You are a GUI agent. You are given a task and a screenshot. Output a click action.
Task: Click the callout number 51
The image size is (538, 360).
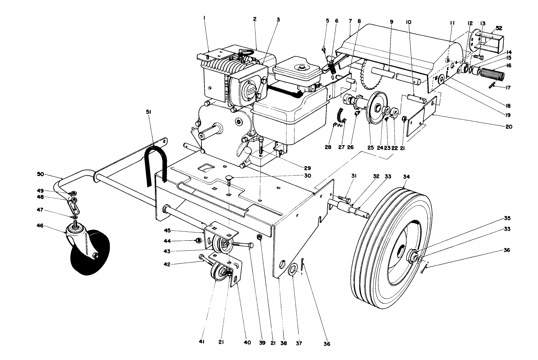coord(148,112)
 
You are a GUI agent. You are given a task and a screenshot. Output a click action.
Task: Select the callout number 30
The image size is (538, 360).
coord(307,176)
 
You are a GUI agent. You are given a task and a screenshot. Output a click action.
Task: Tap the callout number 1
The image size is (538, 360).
coord(205,19)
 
